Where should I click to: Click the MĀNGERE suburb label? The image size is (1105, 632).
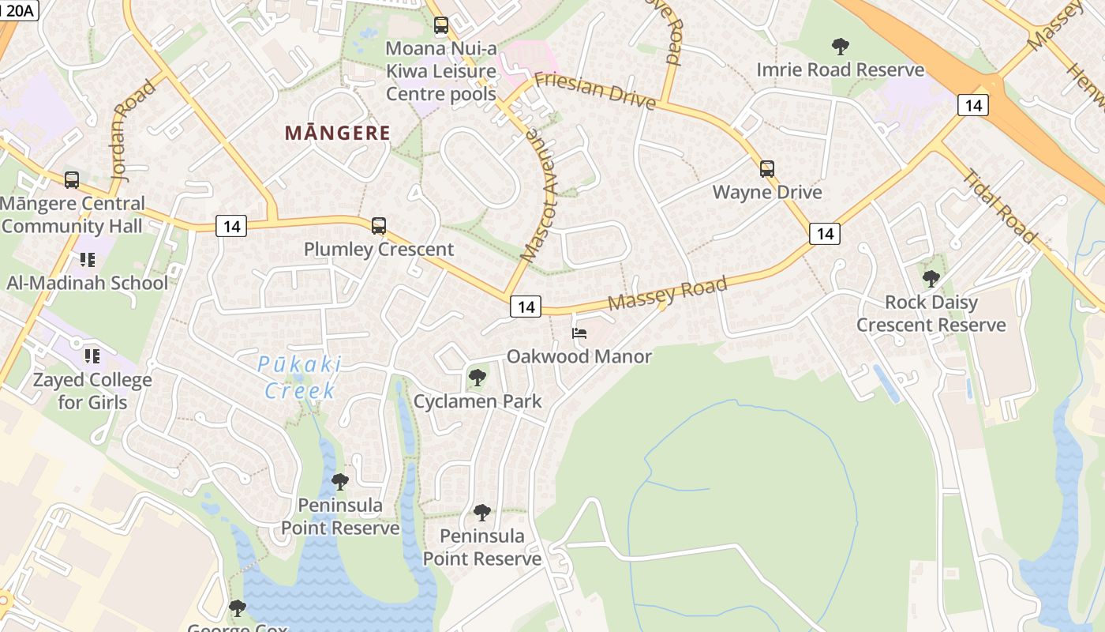(x=338, y=133)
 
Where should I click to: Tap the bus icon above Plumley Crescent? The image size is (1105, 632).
(x=379, y=226)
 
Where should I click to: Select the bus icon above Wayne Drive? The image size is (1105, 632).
(x=766, y=168)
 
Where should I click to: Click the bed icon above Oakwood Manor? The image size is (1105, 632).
(x=579, y=333)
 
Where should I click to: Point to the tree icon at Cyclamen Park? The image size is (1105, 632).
(x=477, y=378)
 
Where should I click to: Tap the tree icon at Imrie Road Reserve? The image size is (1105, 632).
(x=840, y=47)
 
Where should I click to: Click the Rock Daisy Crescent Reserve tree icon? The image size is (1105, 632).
(x=931, y=278)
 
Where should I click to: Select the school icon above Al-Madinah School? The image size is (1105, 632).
(x=87, y=259)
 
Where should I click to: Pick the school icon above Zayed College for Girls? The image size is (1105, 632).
(x=92, y=356)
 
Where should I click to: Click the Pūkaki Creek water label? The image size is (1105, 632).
(x=300, y=377)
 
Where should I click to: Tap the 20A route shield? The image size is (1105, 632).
(x=19, y=9)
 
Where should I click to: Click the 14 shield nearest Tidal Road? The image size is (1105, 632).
(x=972, y=104)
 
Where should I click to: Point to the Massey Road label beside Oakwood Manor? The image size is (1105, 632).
(x=667, y=293)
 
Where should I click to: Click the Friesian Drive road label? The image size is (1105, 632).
(x=594, y=90)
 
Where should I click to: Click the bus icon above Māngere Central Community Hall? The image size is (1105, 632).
(x=72, y=180)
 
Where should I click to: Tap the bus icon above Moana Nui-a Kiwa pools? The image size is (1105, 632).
(x=441, y=25)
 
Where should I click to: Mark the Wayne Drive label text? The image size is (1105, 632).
(x=766, y=192)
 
